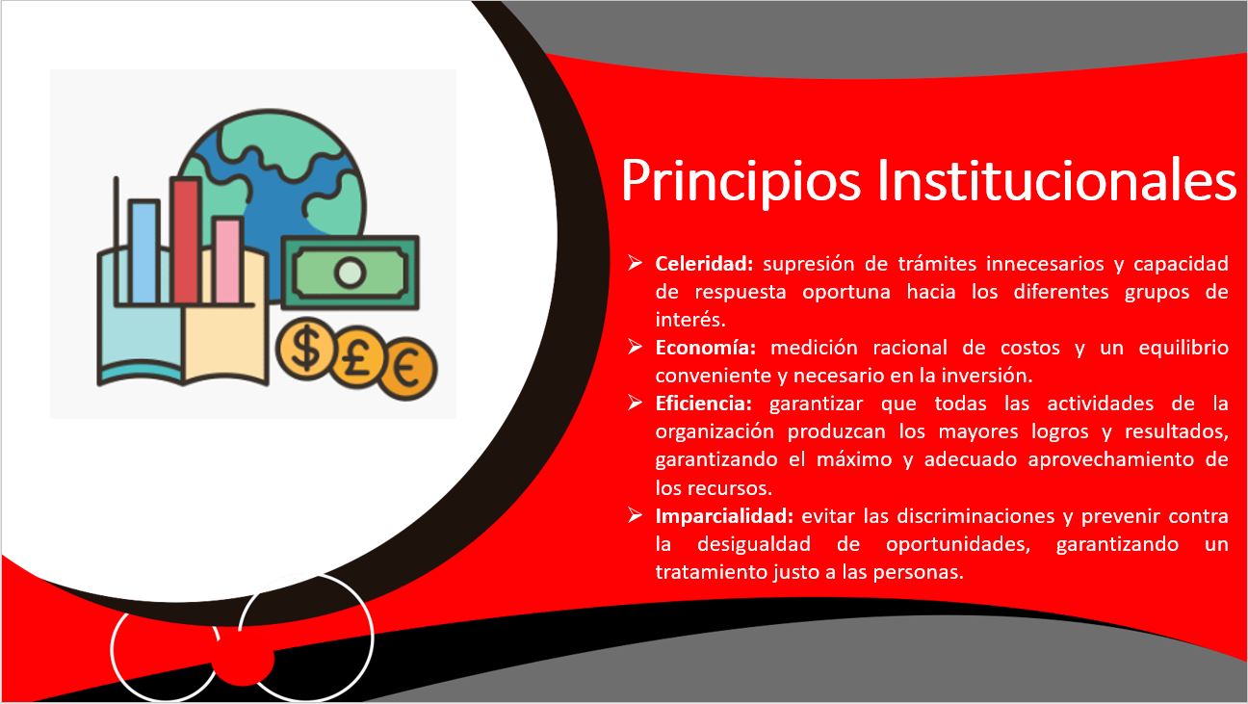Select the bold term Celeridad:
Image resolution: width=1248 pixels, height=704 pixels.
click(x=708, y=263)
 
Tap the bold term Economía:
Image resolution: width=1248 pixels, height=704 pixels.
click(x=708, y=347)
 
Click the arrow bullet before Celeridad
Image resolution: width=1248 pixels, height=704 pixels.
click(x=636, y=263)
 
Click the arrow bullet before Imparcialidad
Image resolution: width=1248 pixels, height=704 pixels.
click(x=636, y=515)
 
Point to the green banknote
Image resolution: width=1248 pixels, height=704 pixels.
click(x=351, y=272)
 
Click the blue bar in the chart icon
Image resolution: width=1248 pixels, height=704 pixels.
click(x=143, y=252)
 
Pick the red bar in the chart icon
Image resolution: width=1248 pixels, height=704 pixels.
click(x=186, y=241)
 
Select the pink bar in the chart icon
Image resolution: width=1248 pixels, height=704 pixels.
click(x=228, y=261)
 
